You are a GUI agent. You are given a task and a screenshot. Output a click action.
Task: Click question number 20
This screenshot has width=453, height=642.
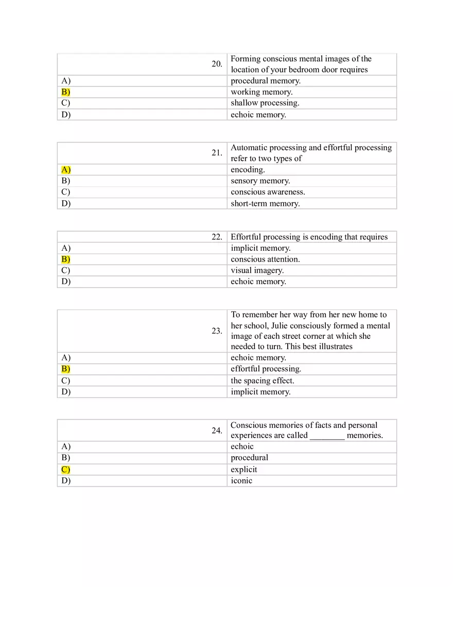click(217, 64)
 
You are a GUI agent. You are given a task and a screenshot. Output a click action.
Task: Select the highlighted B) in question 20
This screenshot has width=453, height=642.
click(65, 92)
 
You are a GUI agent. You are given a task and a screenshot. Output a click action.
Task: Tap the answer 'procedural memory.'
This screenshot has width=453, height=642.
click(265, 81)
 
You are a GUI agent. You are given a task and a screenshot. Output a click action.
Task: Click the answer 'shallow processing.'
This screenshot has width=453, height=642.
click(265, 103)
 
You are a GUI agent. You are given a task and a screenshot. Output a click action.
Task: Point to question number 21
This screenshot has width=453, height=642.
click(217, 153)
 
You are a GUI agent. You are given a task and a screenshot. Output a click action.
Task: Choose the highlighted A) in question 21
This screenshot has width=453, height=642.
click(65, 170)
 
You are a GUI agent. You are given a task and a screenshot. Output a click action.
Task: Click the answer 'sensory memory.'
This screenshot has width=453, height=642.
click(260, 181)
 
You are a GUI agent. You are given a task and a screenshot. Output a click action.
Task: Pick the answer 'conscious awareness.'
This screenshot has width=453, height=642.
click(268, 192)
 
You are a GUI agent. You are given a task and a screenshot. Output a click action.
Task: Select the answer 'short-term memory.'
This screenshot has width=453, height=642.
click(265, 203)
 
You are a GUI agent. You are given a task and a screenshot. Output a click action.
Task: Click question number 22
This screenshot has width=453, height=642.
click(217, 237)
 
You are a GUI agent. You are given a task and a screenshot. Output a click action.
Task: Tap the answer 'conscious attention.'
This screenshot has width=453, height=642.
click(265, 259)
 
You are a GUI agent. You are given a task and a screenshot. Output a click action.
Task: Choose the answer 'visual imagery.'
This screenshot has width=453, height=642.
click(257, 270)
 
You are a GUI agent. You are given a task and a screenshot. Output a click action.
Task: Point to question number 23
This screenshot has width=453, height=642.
click(217, 331)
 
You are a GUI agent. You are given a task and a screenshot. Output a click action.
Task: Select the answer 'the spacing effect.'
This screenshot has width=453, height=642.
click(262, 380)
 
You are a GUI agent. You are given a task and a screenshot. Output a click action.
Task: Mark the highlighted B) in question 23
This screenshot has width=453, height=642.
click(65, 369)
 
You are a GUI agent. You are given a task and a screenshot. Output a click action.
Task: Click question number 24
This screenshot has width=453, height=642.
click(217, 430)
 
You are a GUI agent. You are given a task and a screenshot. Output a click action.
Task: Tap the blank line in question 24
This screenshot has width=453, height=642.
click(327, 436)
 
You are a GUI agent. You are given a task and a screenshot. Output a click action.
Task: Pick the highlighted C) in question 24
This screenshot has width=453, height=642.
click(65, 470)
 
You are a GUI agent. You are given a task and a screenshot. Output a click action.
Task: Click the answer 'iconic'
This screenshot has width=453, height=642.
click(241, 481)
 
